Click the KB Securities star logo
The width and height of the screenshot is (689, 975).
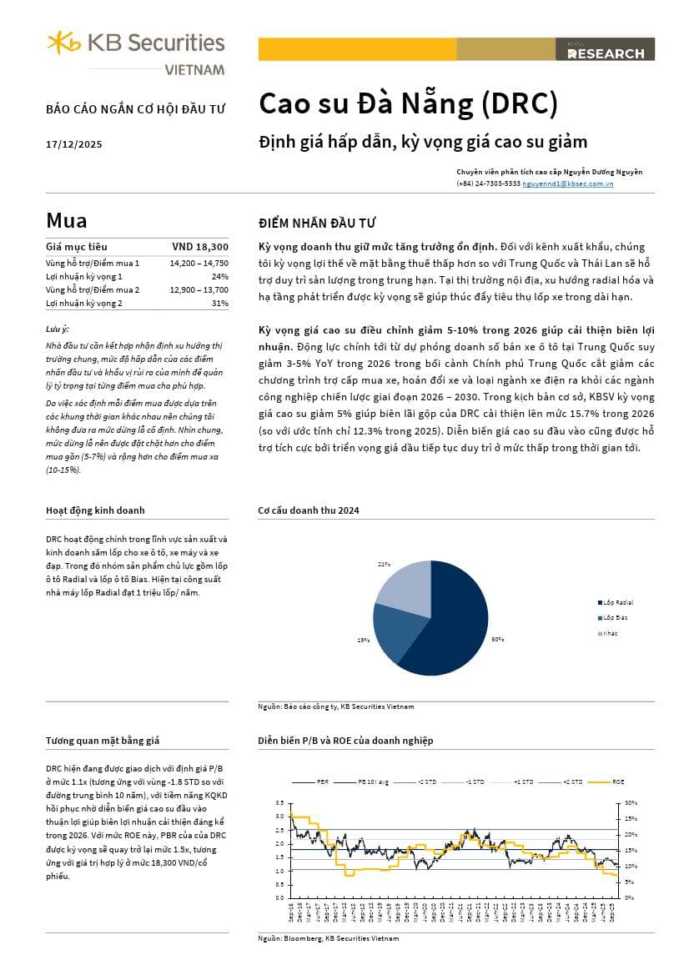pos(64,43)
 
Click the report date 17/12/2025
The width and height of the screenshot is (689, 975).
pos(74,144)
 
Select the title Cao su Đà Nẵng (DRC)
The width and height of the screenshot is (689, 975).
pos(408,103)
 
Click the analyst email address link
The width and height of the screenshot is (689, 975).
pos(567,183)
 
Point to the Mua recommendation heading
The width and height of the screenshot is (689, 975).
pos(67,221)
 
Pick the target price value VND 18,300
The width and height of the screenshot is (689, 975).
pos(200,247)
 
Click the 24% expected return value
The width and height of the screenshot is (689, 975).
pos(219,276)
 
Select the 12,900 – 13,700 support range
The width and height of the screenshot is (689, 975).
pos(199,289)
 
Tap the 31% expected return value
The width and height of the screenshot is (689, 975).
pos(219,303)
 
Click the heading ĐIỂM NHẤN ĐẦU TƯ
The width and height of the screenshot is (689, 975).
pos(317,223)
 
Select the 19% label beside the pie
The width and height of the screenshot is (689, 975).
pos(363,640)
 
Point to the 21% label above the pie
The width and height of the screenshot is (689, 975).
pos(384,565)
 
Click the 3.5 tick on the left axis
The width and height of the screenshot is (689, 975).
pos(279,802)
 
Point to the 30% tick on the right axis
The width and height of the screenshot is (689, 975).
pos(631,802)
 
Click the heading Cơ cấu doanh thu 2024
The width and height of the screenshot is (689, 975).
pos(309,510)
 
